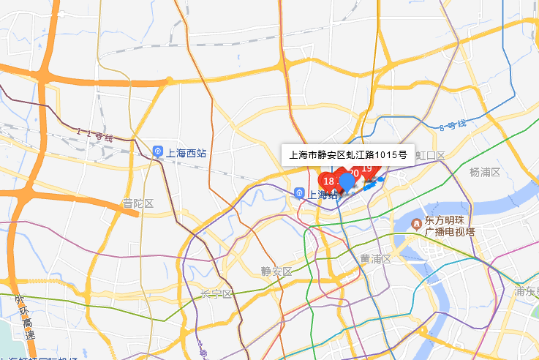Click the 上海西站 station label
coord(186,153)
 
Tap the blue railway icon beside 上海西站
coord(158,152)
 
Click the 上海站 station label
coord(323,195)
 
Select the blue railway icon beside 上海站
coord(299,193)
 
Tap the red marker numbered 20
coord(353,173)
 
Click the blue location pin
coord(347,181)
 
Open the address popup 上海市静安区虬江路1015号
coord(347,155)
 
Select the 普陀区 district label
coord(137,203)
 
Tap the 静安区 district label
coord(276,271)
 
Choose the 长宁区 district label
coord(216,294)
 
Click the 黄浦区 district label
coord(375,259)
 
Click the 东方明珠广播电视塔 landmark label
coord(449,227)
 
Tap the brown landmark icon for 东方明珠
coord(416,222)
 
